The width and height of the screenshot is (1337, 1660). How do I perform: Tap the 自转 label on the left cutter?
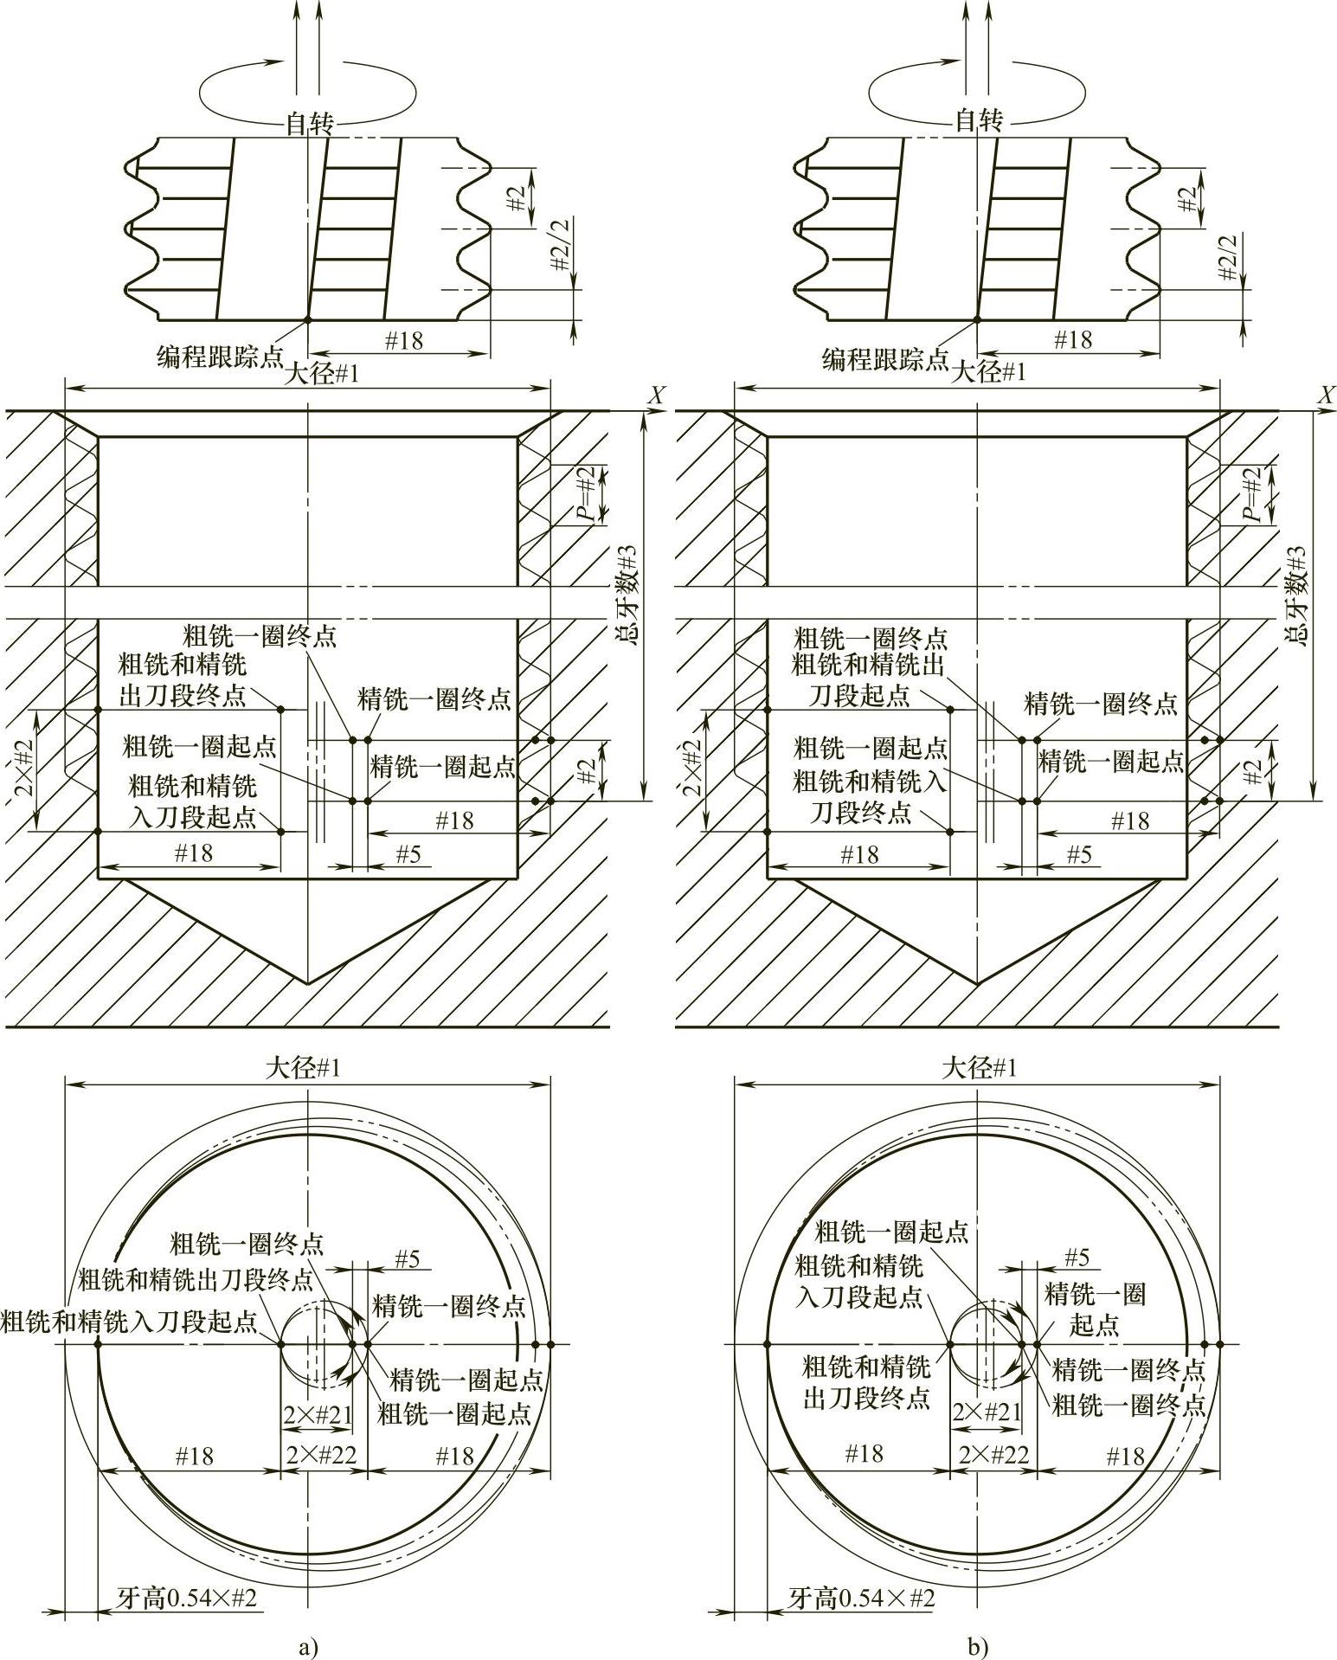point(309,123)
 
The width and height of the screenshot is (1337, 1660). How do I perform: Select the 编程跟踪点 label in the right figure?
point(885,358)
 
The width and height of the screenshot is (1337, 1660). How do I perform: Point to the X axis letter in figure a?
point(658,396)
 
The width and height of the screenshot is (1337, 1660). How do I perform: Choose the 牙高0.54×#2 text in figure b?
point(862,1598)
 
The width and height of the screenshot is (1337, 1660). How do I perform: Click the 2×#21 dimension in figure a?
point(318,1415)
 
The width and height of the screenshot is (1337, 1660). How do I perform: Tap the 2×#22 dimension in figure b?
point(993,1455)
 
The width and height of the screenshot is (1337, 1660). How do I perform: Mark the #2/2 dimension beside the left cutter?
point(562,244)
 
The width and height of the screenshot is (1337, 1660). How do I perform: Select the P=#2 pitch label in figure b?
point(1251,494)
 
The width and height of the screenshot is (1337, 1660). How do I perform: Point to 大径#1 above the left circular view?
point(303,1068)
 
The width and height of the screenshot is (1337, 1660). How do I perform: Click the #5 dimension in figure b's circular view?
point(1077,1258)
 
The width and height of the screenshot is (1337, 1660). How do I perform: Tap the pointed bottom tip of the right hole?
point(978,984)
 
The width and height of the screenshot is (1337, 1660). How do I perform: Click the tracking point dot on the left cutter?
point(308,320)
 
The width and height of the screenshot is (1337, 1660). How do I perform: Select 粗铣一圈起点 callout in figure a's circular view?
point(454,1413)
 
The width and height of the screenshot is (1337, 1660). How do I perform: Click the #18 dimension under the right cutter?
point(1073,340)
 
